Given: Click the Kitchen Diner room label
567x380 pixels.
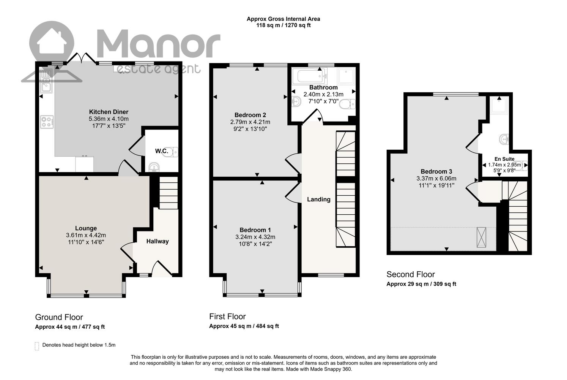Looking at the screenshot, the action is point(109,112).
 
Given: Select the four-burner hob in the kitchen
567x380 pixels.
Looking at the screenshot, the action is point(47,122).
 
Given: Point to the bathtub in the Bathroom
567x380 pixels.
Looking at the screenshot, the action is point(310,76).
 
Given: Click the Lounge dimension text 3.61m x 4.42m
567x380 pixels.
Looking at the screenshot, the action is point(86,235).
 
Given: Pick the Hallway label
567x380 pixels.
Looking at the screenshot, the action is point(157,241).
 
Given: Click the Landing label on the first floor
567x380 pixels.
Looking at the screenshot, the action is point(319,199).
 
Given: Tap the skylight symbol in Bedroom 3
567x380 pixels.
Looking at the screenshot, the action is point(481,237).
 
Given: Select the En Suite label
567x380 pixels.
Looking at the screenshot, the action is point(504,159).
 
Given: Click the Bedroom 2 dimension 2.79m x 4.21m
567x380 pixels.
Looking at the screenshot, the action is point(250,122).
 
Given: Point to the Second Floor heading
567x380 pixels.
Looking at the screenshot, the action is point(411,274).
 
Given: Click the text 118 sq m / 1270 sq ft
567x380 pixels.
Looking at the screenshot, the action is point(283,25).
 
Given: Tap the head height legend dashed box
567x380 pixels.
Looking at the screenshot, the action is point(37,346).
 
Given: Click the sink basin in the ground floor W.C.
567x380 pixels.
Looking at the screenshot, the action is point(154,167).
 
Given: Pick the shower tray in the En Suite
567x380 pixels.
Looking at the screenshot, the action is point(499,105).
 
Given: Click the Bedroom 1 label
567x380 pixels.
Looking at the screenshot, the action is point(255,230).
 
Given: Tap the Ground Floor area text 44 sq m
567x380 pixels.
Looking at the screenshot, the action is point(66,327).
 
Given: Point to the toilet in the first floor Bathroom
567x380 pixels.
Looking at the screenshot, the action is point(347,104).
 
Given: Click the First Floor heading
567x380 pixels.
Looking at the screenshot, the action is point(227,317).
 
